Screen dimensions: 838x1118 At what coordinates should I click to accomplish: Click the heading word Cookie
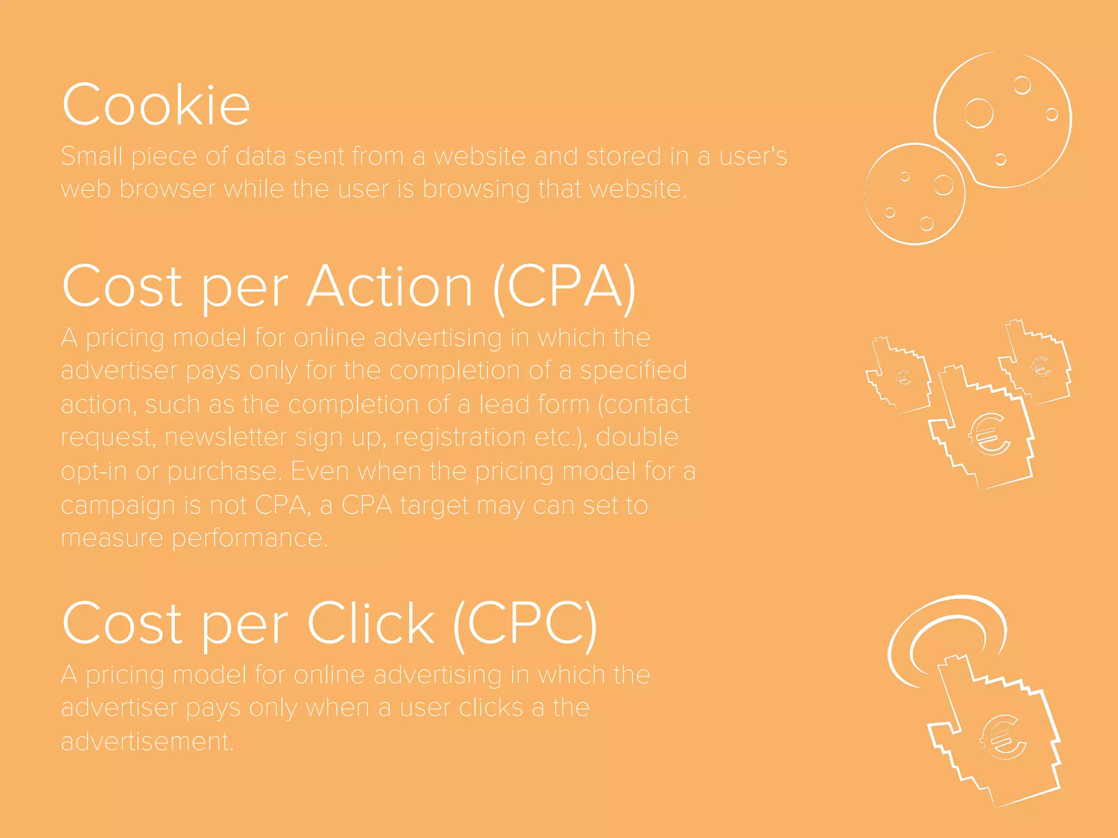[156, 105]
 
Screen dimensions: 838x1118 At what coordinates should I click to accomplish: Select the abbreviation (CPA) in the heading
[564, 287]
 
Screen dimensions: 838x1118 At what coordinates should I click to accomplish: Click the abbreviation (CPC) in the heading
[525, 624]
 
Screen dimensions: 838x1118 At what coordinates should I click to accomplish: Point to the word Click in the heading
[371, 624]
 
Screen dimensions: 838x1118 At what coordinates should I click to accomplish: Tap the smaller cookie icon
[915, 194]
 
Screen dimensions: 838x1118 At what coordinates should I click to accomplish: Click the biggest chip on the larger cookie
[978, 113]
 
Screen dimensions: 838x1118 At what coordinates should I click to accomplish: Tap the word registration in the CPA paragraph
[460, 438]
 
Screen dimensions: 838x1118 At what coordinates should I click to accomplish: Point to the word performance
[249, 539]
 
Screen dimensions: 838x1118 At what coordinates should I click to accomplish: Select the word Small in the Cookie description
[92, 157]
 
